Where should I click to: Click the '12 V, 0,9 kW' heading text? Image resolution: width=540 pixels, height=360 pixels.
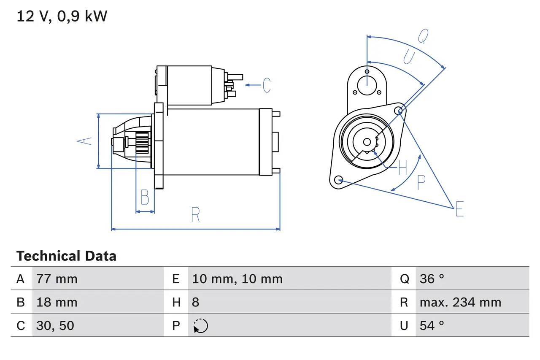pos(62,16)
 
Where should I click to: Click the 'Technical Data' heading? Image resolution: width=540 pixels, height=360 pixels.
pos(66,256)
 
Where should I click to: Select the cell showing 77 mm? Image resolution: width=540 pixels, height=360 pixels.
pos(57,279)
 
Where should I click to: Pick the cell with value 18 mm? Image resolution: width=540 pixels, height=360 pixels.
pos(57,302)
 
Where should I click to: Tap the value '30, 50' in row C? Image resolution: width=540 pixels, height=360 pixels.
pos(55,325)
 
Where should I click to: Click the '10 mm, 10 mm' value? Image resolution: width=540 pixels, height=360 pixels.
pos(237,279)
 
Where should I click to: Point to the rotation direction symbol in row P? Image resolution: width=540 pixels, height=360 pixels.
pos(201,326)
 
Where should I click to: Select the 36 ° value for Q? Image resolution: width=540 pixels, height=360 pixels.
pos(432,279)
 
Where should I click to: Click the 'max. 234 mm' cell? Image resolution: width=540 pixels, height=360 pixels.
pos(460,302)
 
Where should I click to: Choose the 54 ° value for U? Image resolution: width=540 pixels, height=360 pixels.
pos(432,325)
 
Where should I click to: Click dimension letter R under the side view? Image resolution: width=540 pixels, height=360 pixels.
pos(195,215)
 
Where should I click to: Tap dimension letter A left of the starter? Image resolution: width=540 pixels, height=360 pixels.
pos(86,141)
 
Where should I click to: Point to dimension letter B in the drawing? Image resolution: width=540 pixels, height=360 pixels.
pos(145,198)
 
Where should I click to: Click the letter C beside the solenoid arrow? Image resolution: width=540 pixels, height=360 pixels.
pos(267,85)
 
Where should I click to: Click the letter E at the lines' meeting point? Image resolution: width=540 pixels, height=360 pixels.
pos(459,209)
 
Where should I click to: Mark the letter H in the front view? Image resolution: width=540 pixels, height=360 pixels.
pos(402,168)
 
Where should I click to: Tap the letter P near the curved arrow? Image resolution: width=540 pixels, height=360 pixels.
pos(421,182)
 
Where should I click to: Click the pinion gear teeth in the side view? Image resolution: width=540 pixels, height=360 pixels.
pos(143,143)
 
